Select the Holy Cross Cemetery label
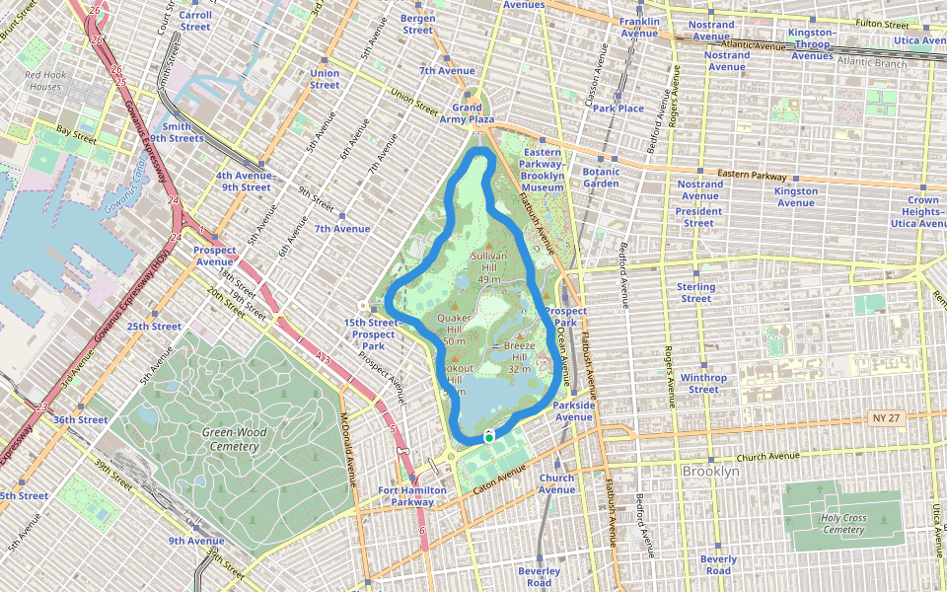pos(842,523)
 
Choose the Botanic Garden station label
pos(601,177)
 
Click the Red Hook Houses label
pos(42,81)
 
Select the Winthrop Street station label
pos(702,383)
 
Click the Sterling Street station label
pos(695,292)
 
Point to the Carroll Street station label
pos(195,21)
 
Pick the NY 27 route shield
pos(882,418)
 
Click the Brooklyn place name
pos(710,472)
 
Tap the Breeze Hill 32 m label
pos(519,357)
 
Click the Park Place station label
pos(619,109)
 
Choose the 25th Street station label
pos(154,327)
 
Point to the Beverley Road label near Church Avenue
pos(540,576)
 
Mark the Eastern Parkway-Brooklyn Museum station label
pos(543,170)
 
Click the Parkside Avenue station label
pos(573,410)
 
